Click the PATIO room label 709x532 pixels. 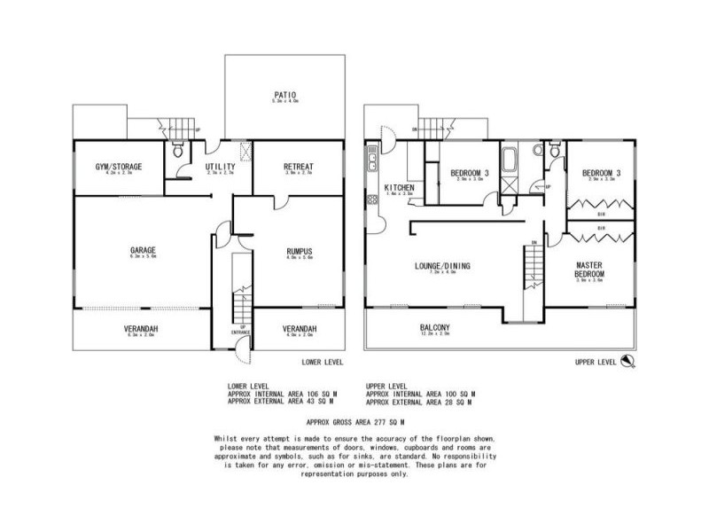(284, 94)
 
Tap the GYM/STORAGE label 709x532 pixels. (118, 166)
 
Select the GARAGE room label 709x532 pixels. (142, 250)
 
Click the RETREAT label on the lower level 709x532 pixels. (298, 166)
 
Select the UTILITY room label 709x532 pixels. (220, 166)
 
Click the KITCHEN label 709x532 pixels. (400, 187)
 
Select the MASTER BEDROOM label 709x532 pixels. (590, 270)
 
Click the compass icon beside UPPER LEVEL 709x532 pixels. (627, 360)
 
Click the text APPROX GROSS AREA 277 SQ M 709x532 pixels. (354, 424)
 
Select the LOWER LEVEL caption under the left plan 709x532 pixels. (322, 363)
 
